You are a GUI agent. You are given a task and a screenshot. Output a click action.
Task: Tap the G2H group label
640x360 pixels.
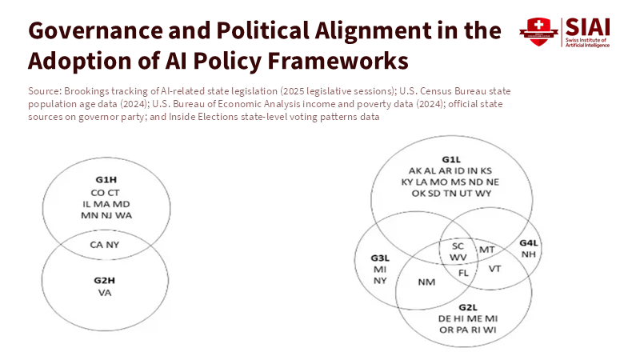click(x=105, y=281)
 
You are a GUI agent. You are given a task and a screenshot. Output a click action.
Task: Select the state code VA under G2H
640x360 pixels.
click(x=105, y=293)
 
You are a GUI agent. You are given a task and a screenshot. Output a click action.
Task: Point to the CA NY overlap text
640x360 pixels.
click(x=105, y=244)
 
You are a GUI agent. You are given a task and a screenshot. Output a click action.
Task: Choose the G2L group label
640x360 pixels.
click(x=469, y=307)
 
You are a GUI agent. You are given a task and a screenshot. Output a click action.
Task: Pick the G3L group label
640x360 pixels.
click(x=380, y=258)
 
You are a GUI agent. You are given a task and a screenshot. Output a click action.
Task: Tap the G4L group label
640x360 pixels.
click(x=529, y=242)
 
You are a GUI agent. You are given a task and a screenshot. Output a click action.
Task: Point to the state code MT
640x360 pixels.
click(x=486, y=250)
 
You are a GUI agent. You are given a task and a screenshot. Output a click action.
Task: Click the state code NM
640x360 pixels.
click(x=426, y=282)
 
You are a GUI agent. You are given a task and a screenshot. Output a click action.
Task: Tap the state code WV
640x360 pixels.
click(x=458, y=258)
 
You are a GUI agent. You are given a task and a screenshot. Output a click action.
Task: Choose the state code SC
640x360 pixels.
click(x=458, y=246)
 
